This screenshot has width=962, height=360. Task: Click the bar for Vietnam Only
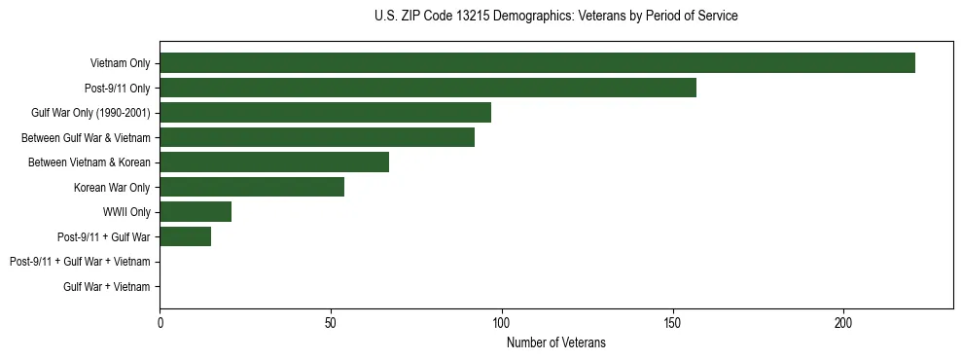[x=537, y=63]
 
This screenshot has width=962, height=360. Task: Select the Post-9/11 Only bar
[x=428, y=88]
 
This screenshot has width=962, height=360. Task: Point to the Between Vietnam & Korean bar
[x=274, y=162]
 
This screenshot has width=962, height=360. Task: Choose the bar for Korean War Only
[x=252, y=187]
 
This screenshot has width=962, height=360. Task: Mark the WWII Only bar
[x=196, y=212]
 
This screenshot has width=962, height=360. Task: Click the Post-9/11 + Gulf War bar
[x=185, y=236]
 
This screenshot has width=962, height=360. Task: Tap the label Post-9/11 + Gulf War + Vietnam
[x=80, y=262]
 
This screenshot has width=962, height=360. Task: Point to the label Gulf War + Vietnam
[x=107, y=286]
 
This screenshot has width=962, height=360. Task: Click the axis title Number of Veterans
[x=556, y=342]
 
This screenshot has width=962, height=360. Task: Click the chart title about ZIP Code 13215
[x=555, y=17]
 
